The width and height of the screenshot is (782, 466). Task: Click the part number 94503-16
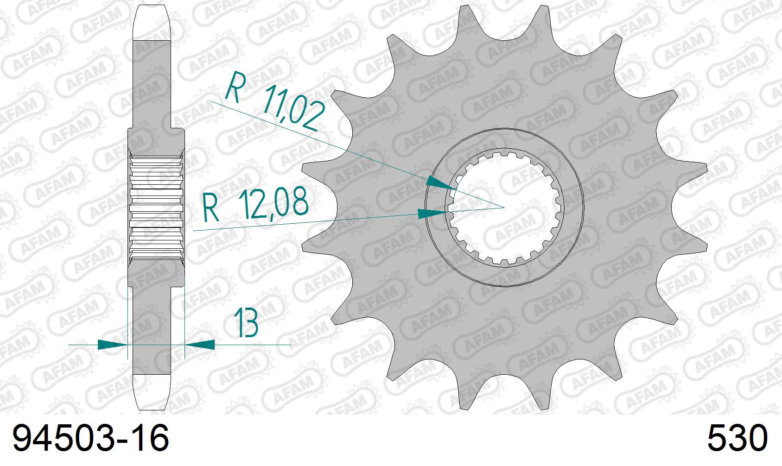point(90,439)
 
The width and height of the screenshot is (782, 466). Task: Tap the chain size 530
point(737,439)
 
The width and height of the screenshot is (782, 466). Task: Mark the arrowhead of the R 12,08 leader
point(433,214)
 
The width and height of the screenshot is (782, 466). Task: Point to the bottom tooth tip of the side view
point(153,394)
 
